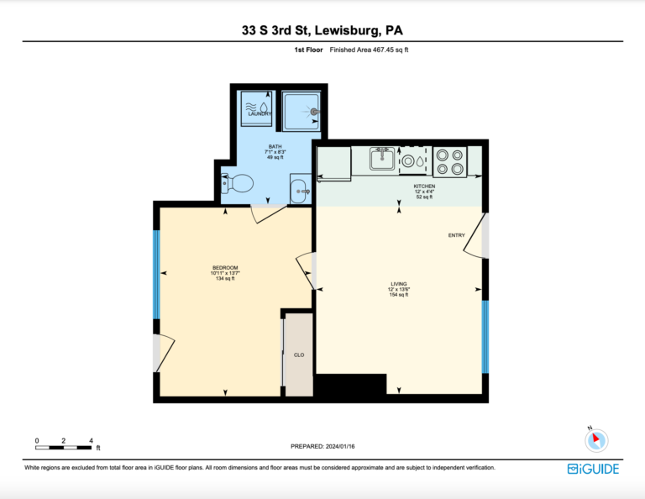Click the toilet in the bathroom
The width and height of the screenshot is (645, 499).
pyautogui.click(x=238, y=183)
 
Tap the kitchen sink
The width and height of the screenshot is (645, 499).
pyautogui.click(x=382, y=159)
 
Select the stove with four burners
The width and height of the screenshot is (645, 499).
pyautogui.click(x=449, y=161)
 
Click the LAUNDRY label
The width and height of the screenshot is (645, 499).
pyautogui.click(x=260, y=113)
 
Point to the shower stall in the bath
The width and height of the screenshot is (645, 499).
pyautogui.click(x=302, y=111)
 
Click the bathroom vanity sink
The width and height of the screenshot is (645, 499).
pyautogui.click(x=301, y=189)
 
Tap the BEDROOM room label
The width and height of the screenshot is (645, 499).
pyautogui.click(x=225, y=268)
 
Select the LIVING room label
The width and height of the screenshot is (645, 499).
pyautogui.click(x=399, y=284)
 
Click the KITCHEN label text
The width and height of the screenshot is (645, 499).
pyautogui.click(x=424, y=186)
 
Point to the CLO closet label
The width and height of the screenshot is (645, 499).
pyautogui.click(x=299, y=355)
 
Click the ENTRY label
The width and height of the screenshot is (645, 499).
pyautogui.click(x=457, y=235)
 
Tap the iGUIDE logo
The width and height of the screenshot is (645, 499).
pyautogui.click(x=593, y=469)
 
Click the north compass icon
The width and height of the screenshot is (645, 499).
pyautogui.click(x=596, y=440)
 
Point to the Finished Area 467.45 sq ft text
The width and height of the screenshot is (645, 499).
pyautogui.click(x=369, y=50)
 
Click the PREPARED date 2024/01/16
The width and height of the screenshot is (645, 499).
pyautogui.click(x=322, y=446)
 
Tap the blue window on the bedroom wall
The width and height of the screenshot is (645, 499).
pyautogui.click(x=156, y=275)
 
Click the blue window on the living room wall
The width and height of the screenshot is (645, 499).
pyautogui.click(x=485, y=337)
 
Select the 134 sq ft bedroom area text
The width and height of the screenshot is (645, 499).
pyautogui.click(x=225, y=279)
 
